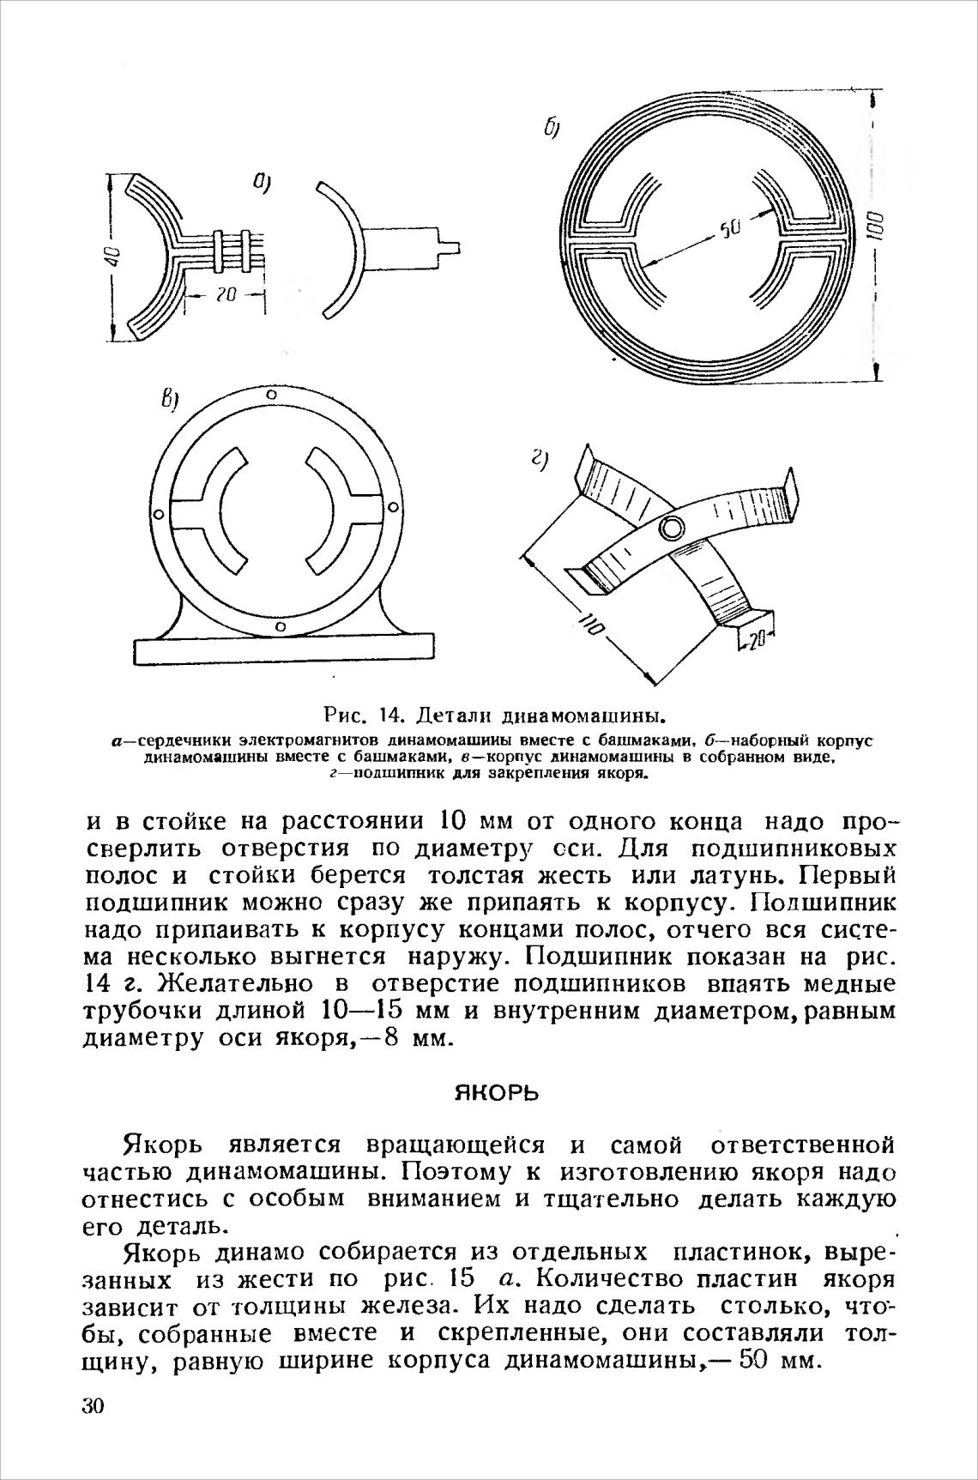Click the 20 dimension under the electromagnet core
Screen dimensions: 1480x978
coord(226,295)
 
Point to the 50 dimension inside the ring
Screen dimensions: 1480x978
coord(728,228)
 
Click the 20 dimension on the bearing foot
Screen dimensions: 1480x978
coord(754,640)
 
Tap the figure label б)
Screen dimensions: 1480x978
coord(551,128)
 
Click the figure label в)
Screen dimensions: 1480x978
coord(170,399)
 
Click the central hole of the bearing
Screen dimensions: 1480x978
coord(672,527)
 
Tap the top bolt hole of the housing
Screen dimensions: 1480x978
coord(271,396)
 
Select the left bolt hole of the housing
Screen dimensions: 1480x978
coord(158,515)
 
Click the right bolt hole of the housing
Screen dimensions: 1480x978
coord(394,506)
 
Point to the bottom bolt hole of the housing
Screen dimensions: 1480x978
coord(280,628)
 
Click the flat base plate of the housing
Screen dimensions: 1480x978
coord(283,650)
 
